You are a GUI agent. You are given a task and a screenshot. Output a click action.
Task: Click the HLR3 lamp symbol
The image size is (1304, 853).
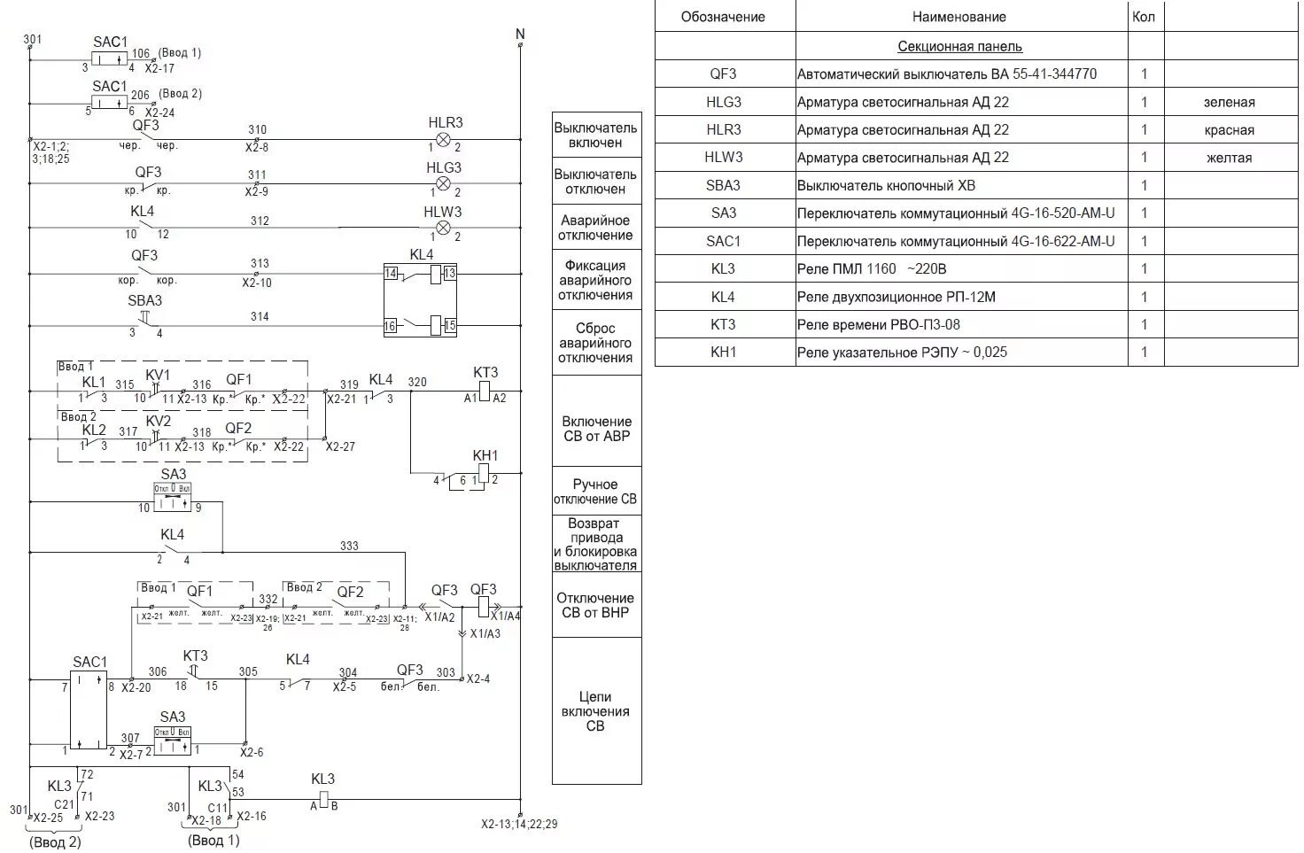(445, 140)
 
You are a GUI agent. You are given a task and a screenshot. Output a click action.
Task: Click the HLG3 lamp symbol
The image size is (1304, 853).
(445, 184)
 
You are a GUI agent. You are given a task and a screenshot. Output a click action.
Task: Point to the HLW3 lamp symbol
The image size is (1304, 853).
(445, 229)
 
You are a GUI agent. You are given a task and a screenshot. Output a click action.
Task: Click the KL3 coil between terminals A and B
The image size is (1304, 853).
(323, 800)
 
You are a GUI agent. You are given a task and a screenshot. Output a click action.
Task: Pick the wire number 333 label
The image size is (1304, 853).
(350, 546)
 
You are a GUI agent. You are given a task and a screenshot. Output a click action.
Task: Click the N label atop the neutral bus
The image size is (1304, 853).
(520, 35)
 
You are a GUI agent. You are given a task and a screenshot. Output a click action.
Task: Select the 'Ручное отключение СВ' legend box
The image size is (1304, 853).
(595, 492)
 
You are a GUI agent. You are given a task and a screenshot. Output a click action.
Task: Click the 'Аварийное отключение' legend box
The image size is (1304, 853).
(595, 228)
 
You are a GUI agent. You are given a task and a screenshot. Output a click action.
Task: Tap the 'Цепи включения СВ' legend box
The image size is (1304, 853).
(595, 711)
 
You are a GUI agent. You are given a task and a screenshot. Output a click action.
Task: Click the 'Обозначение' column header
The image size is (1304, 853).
(723, 17)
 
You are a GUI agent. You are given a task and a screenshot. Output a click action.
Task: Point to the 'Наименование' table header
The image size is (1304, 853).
(959, 17)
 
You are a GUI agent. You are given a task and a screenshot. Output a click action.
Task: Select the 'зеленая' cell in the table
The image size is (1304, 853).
(1229, 102)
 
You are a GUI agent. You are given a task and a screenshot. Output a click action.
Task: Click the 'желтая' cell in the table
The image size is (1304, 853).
(1229, 158)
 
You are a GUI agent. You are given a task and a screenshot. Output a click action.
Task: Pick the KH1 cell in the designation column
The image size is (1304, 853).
(723, 352)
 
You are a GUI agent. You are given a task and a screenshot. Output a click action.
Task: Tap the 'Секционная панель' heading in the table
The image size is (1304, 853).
(959, 46)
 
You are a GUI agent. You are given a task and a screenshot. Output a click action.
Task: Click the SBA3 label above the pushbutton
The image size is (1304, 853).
(145, 300)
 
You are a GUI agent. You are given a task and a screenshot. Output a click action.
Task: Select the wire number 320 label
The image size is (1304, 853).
(417, 382)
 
